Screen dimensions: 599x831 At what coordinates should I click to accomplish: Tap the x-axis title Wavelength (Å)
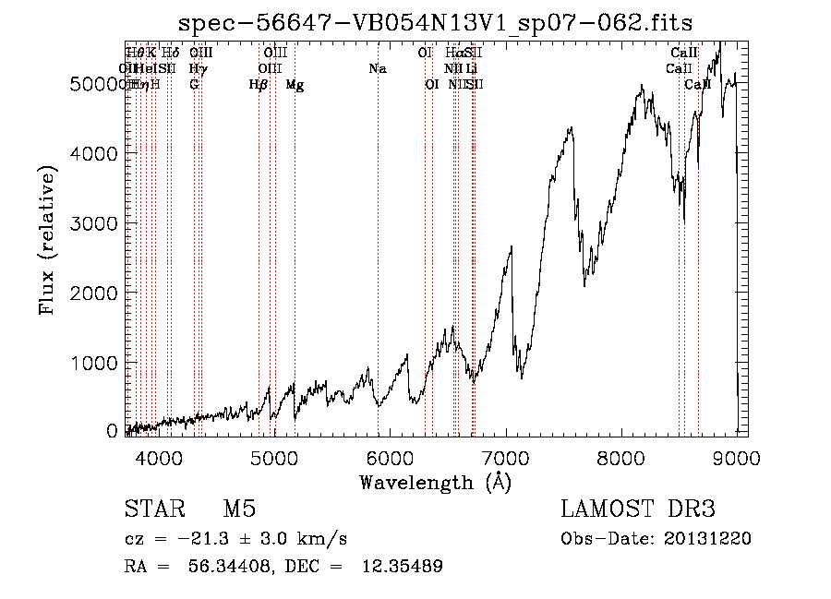(x=435, y=482)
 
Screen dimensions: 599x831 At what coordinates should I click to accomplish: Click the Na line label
(x=377, y=69)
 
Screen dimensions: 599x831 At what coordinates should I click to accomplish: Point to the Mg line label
(x=295, y=85)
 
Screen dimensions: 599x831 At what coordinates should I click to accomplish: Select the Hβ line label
(x=259, y=85)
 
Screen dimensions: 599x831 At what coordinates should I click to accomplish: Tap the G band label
(x=194, y=85)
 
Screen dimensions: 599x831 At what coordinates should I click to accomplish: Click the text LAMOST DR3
(x=638, y=510)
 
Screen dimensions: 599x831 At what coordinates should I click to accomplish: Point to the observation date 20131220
(x=712, y=539)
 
